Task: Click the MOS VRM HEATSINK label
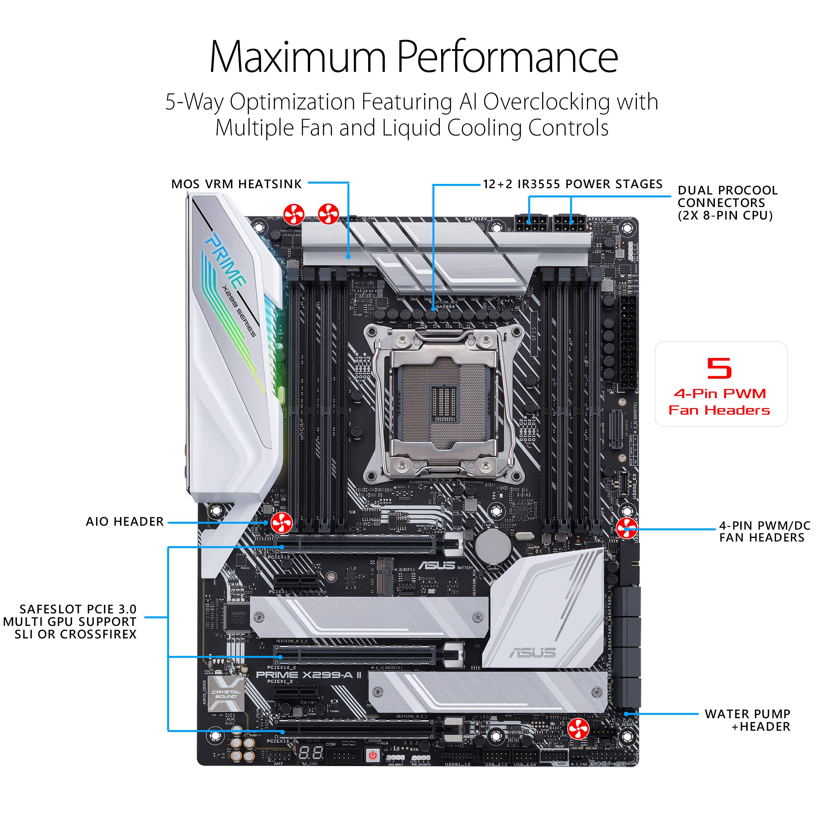coord(236,184)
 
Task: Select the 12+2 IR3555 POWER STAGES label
coord(573,184)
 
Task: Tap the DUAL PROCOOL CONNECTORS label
coord(727,203)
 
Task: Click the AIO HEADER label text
coord(125,522)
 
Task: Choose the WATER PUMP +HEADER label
coord(747,720)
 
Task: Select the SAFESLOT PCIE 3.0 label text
coord(78,609)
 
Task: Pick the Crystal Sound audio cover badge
coord(226,693)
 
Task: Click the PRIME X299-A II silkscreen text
coord(309,675)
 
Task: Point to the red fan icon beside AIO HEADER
coord(281,522)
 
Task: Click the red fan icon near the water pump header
coord(578,728)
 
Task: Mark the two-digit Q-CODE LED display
coord(310,753)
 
